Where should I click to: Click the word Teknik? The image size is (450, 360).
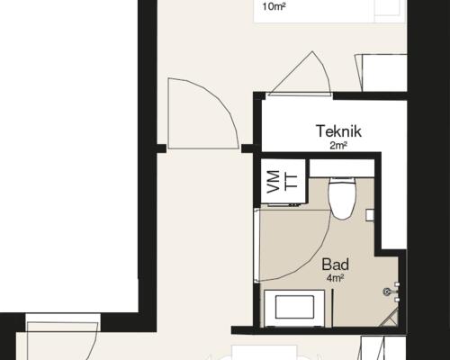coord(338,131)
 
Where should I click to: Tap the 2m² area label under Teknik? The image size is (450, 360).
coord(338,146)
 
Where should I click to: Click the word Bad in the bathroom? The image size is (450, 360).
coord(335,265)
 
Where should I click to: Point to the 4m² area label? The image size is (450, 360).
coord(335,278)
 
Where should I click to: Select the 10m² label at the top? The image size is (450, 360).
coord(274,6)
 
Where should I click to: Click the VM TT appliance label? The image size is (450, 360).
coord(282,181)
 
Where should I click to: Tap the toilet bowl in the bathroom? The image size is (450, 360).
coord(342,199)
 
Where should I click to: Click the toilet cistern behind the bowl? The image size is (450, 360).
coord(342,178)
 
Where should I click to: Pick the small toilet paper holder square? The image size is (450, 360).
coord(370,215)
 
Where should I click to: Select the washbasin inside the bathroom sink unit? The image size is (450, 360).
coord(294,307)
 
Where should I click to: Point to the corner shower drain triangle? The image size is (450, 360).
coord(390,318)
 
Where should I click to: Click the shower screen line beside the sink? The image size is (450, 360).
coord(332,308)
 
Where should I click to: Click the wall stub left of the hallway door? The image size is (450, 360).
coord(161,148)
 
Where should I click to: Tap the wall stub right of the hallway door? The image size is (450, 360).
coord(248,148)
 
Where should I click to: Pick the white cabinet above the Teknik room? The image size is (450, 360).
coord(384,73)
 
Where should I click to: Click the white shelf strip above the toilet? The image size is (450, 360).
coord(342,168)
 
